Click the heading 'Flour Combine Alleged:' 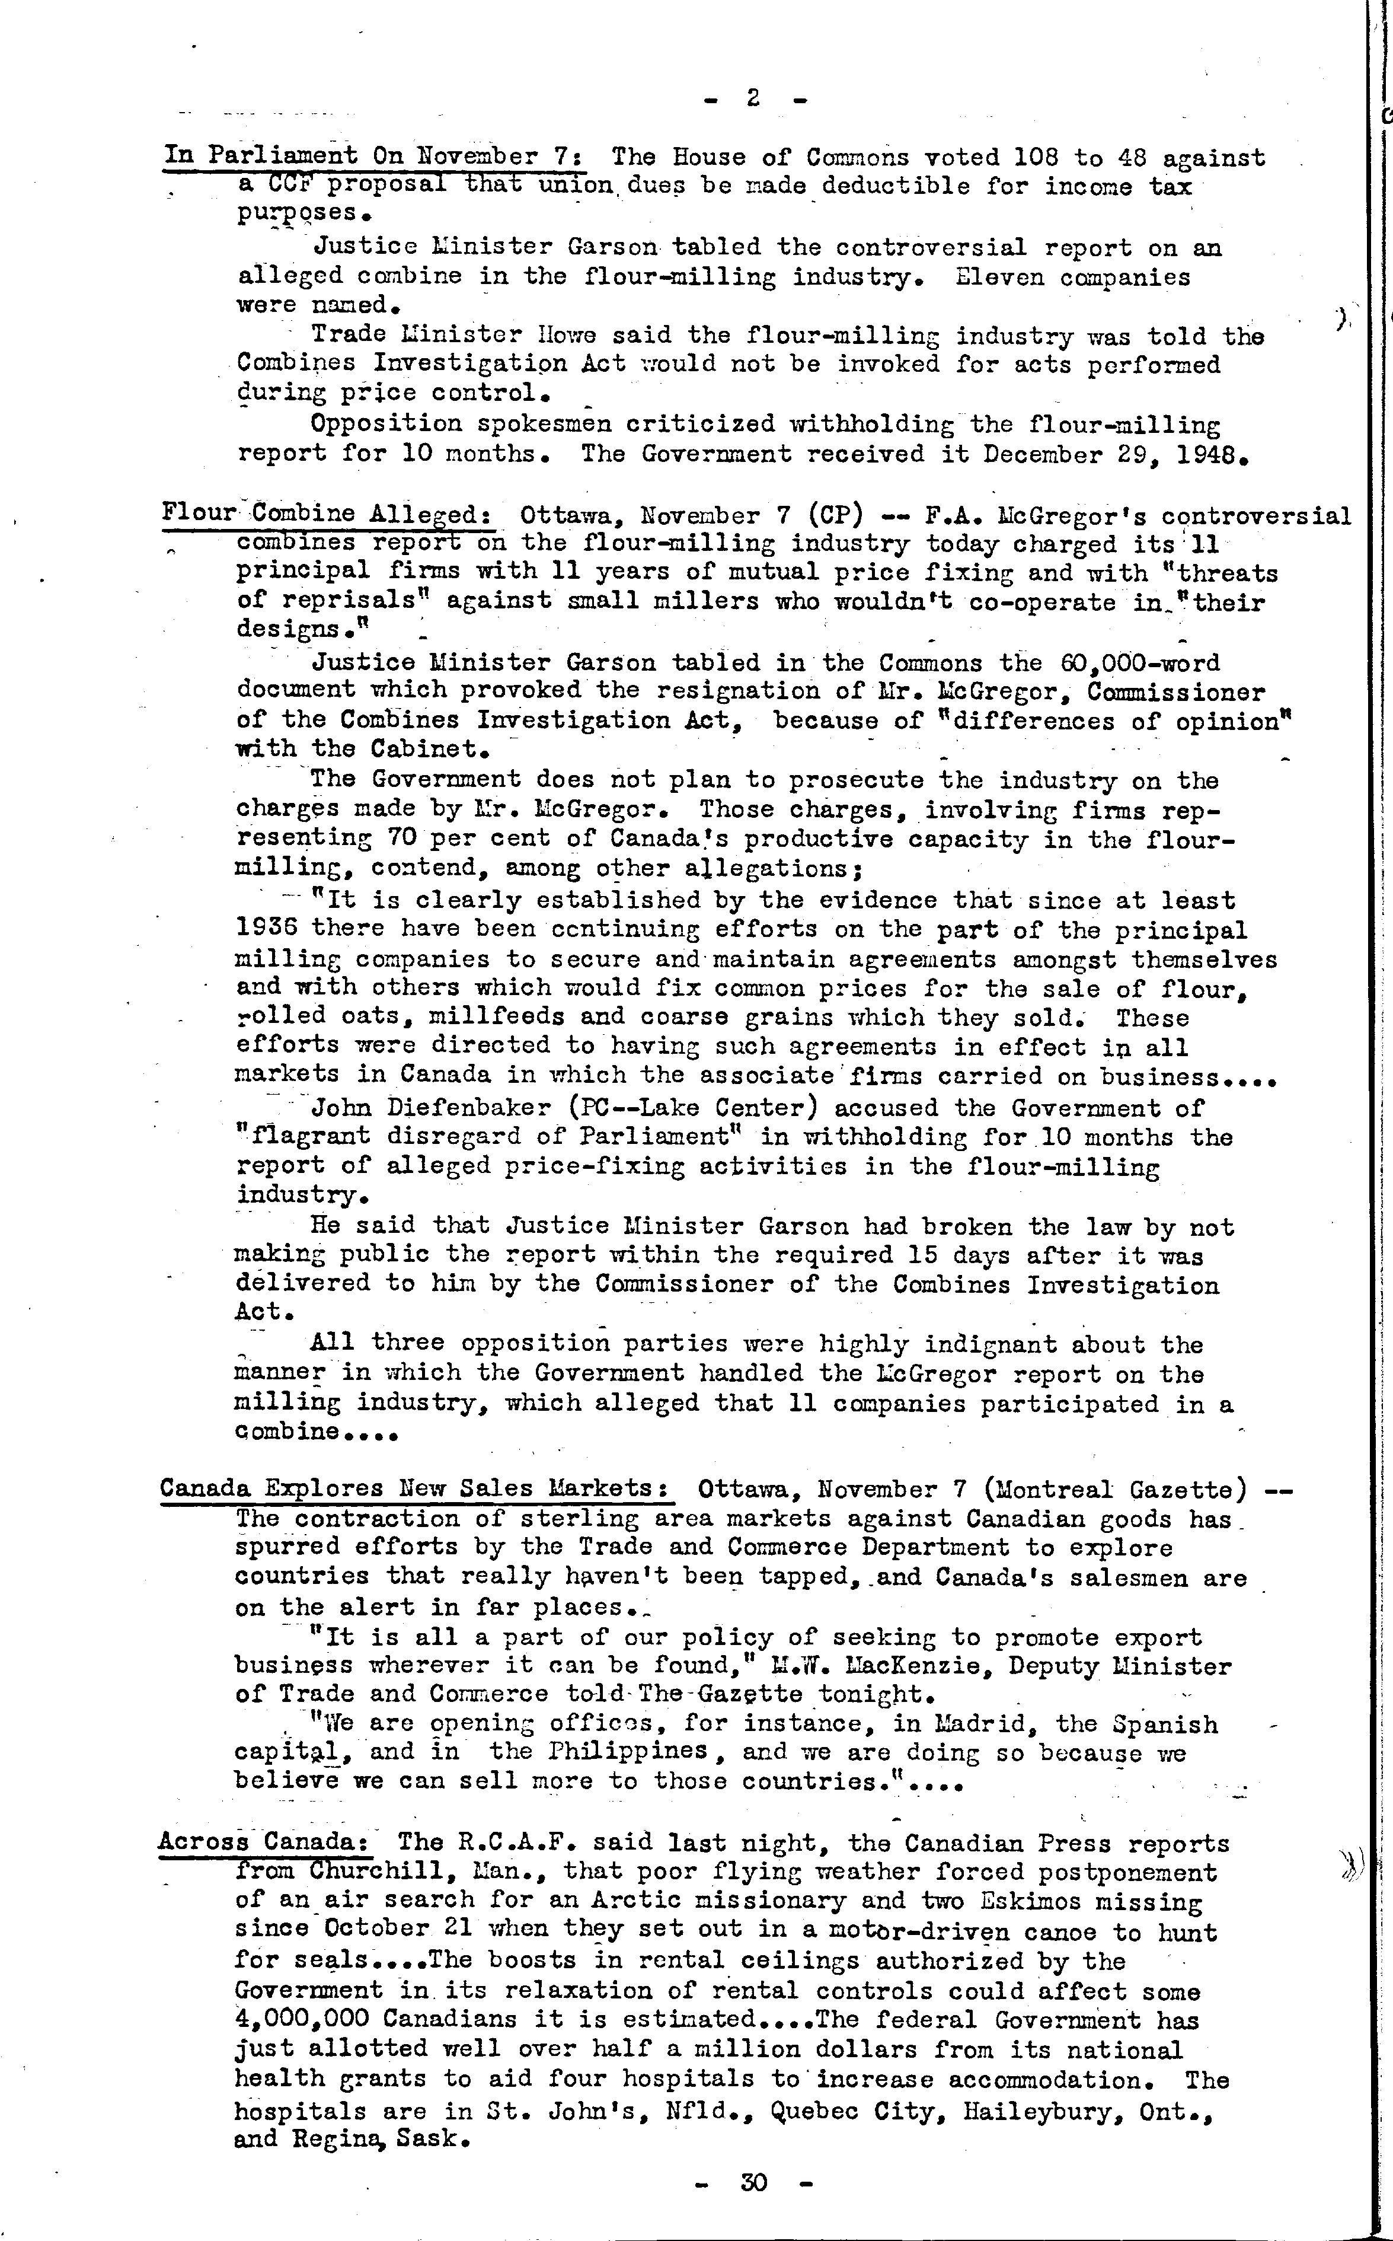325,514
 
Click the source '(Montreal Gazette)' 1115,1490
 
